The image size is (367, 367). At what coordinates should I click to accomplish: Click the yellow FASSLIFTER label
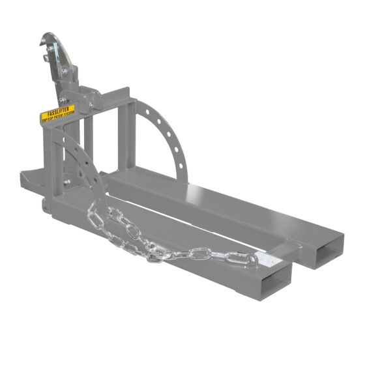pos(58,113)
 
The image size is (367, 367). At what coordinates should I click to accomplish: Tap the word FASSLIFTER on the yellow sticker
pos(58,110)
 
